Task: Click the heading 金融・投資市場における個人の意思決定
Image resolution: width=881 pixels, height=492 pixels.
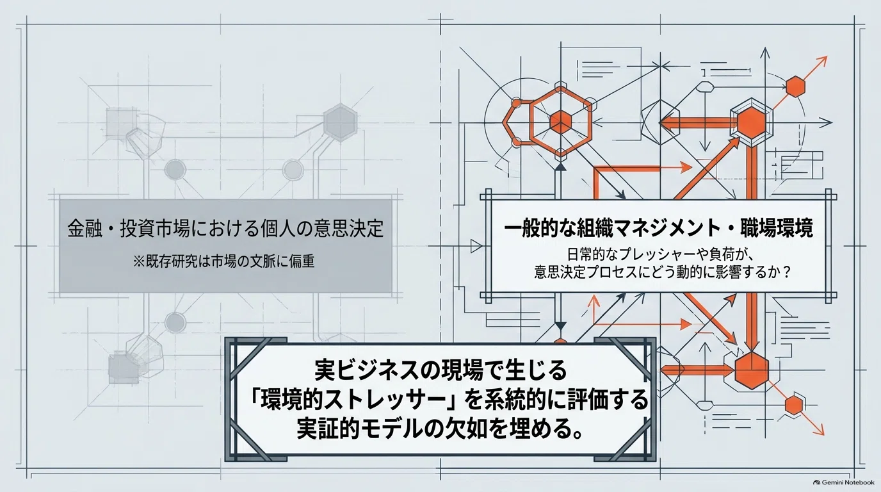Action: tap(225, 228)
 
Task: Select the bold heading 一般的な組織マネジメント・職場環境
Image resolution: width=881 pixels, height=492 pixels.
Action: tap(658, 229)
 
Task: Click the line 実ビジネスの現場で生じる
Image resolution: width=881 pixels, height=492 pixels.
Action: tap(440, 371)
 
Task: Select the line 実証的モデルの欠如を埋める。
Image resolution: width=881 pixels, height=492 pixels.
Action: tap(440, 430)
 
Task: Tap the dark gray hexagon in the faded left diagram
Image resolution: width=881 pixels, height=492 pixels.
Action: tap(340, 122)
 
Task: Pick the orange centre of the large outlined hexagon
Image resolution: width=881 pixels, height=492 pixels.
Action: tap(560, 122)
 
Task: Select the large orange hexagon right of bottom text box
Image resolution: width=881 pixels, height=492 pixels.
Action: tap(752, 371)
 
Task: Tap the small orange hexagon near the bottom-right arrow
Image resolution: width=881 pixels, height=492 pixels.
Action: tap(794, 405)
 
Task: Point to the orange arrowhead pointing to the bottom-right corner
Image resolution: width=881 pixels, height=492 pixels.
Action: tap(819, 429)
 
